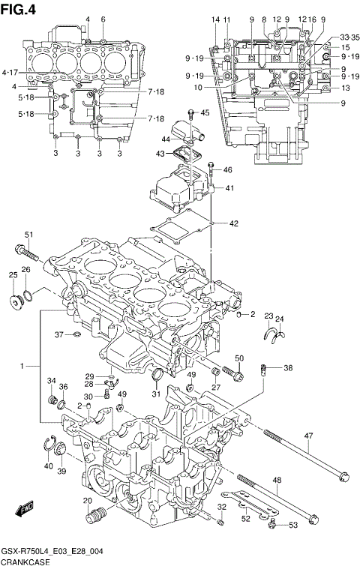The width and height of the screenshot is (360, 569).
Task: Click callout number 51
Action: tap(29, 235)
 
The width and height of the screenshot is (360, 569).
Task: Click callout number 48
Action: tap(277, 481)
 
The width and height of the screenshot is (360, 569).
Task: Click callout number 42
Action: tap(233, 223)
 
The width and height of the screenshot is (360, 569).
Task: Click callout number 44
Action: tap(166, 139)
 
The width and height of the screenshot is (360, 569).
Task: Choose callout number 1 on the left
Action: tap(24, 365)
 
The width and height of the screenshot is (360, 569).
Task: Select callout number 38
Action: tap(288, 368)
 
